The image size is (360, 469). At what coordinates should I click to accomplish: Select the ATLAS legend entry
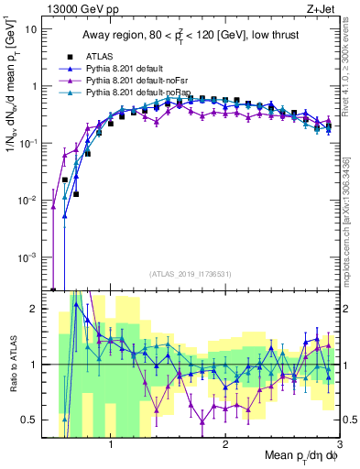(102, 58)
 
